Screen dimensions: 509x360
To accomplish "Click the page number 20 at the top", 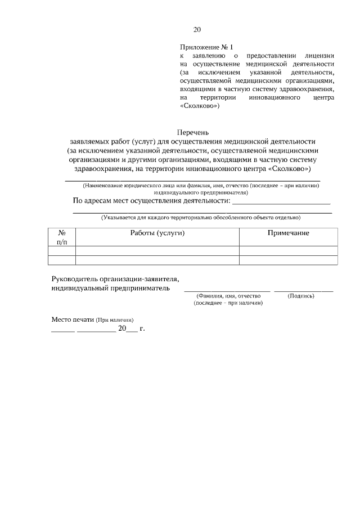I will point(196,30).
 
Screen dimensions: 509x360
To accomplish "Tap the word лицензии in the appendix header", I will point(319,56).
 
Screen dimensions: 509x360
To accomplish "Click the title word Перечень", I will point(193,132).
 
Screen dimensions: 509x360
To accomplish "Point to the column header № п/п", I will point(62,237).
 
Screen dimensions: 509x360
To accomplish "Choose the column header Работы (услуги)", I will point(157,233).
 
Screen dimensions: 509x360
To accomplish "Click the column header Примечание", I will point(288,233).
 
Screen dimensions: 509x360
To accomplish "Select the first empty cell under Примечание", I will point(288,251).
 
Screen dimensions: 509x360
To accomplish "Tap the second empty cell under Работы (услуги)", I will point(157,260).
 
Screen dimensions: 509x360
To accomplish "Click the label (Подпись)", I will point(301,296).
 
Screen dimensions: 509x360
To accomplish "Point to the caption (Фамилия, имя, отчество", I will point(228,296).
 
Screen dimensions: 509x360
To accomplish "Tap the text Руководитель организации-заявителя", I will point(115,278).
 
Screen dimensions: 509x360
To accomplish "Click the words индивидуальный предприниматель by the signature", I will point(110,288).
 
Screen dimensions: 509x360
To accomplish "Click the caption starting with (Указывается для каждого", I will point(200,217).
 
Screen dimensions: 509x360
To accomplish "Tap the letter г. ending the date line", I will point(142,329).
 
